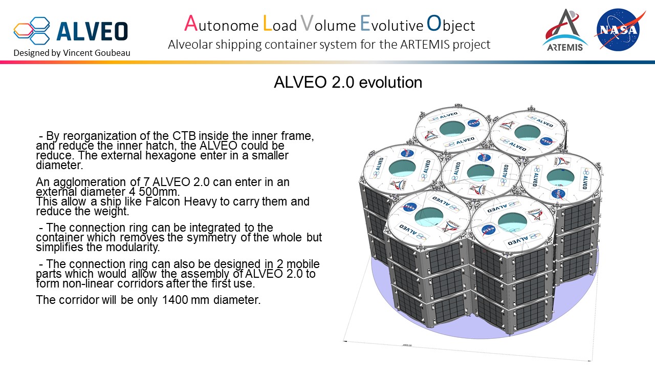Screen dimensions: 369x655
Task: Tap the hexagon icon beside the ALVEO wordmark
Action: coord(32,31)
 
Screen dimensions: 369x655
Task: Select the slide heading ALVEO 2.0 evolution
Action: coord(348,83)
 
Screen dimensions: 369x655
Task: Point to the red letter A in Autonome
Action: coord(190,24)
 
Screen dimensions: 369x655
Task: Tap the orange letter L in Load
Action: coord(267,24)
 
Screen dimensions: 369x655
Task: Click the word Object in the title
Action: coord(451,24)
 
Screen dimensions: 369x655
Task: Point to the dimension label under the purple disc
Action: coord(407,345)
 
